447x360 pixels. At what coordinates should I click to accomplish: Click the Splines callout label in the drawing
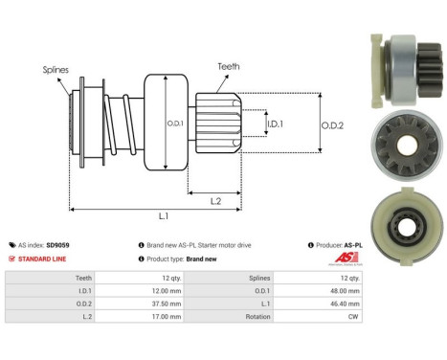tap(55, 70)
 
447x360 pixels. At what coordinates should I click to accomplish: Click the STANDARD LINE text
tap(43, 259)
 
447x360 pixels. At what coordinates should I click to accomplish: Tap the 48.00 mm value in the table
tap(341, 288)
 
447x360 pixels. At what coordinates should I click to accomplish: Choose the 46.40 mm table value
tap(341, 301)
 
